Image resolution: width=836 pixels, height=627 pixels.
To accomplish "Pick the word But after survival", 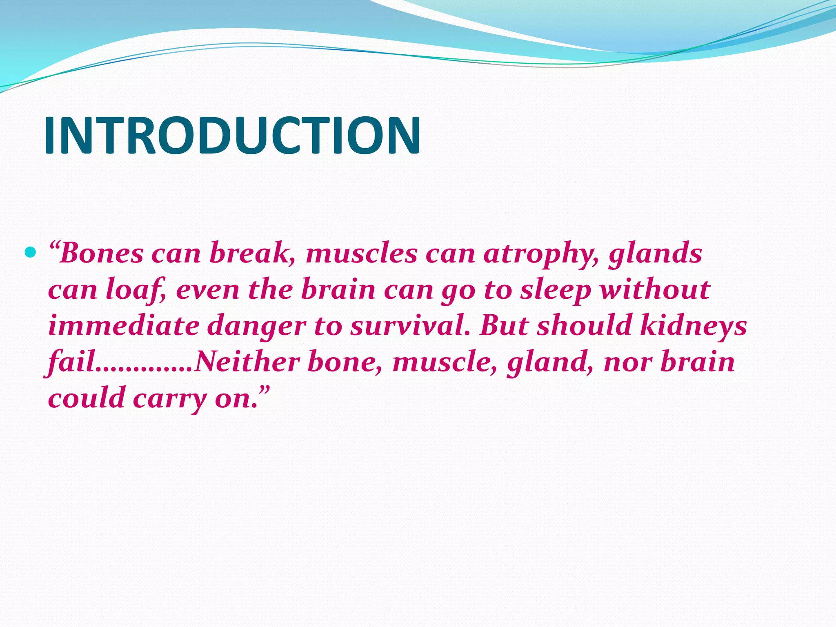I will (505, 326).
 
